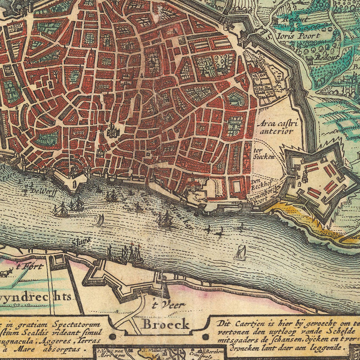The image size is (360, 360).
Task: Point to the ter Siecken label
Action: coord(264,154)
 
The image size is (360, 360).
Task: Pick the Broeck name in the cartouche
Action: coord(166,324)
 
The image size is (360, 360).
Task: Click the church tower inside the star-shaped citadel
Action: coord(304,175)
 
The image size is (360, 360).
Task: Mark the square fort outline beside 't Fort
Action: coord(59,261)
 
